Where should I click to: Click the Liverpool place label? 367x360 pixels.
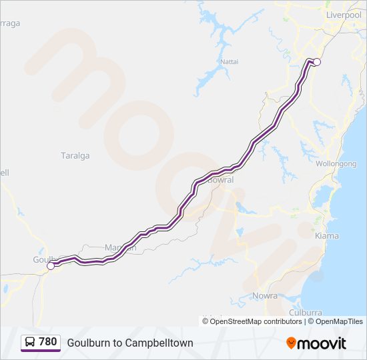click(343, 15)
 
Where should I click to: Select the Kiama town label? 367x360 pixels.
click(326, 236)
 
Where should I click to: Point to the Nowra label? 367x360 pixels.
click(265, 295)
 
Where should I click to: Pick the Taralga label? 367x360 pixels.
click(75, 156)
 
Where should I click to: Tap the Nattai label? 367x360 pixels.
click(230, 62)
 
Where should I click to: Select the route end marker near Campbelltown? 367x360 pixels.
click(317, 62)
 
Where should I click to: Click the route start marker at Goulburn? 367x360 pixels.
click(51, 266)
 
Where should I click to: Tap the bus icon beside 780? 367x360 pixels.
click(31, 342)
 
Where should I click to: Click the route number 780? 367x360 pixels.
click(48, 342)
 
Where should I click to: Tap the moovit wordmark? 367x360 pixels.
click(322, 343)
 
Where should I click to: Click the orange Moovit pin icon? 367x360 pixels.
click(291, 343)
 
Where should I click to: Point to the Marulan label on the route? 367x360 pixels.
click(120, 248)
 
